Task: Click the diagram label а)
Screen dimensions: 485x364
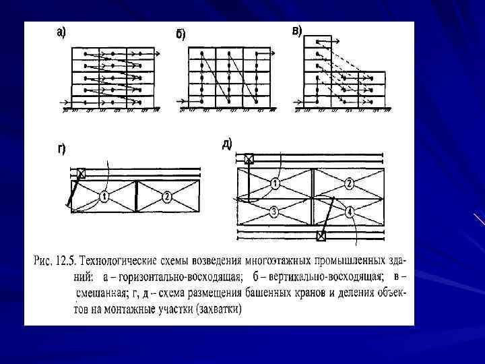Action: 61,32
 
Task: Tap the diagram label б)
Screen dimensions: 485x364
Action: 181,35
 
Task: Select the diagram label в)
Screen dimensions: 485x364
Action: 297,31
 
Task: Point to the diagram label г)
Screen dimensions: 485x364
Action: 61,149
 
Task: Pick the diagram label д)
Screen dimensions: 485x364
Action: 227,144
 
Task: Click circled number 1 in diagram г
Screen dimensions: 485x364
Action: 104,196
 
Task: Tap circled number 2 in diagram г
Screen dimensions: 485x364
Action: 167,196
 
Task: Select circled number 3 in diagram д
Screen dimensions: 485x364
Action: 273,212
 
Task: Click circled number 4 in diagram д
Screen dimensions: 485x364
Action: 349,212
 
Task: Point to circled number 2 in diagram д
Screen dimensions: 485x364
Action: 349,183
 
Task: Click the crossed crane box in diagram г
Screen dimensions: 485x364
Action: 81,173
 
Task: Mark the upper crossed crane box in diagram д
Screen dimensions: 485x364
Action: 249,159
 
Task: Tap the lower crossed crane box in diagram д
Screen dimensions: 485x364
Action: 321,236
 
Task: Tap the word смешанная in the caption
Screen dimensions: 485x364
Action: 101,293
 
